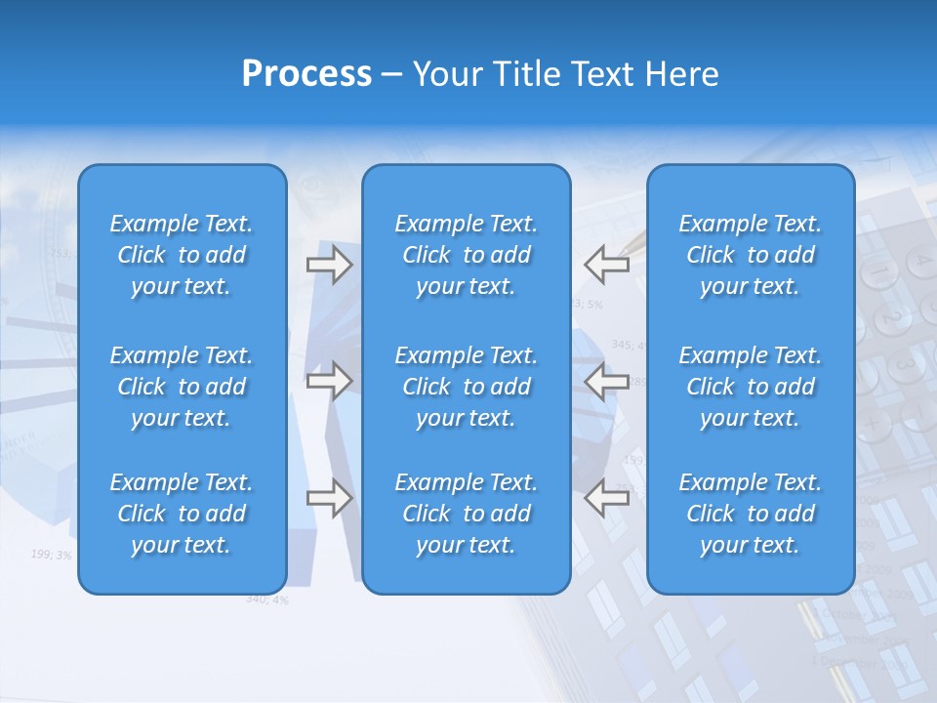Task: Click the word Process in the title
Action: (x=306, y=73)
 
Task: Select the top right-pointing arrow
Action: (x=329, y=265)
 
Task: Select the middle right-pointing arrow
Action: (x=329, y=381)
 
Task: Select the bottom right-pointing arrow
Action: (x=329, y=498)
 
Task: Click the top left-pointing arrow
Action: (x=606, y=265)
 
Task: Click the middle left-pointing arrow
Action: (x=606, y=381)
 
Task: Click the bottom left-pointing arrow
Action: (x=606, y=498)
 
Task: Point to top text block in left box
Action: (x=182, y=255)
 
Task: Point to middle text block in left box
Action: (x=182, y=387)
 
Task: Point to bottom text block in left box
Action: (x=182, y=514)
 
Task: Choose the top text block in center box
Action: (x=467, y=255)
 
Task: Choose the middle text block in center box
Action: (x=467, y=387)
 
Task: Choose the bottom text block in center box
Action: (x=467, y=514)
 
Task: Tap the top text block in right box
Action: (x=751, y=255)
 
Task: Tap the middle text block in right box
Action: (x=751, y=387)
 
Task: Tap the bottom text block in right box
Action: (x=751, y=514)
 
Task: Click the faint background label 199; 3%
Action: (x=51, y=555)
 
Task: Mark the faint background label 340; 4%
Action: (x=266, y=600)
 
